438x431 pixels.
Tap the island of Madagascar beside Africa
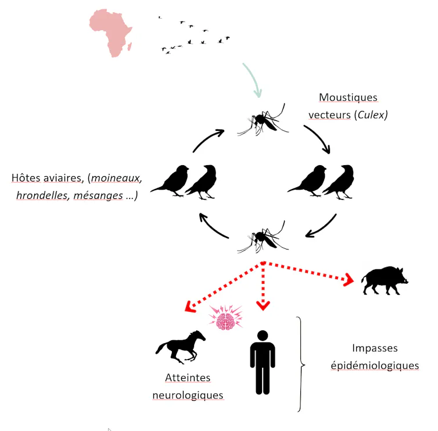click(130, 47)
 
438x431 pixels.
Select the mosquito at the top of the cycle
click(263, 120)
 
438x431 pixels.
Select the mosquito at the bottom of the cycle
click(263, 237)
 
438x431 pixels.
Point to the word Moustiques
click(348, 97)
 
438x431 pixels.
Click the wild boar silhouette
click(385, 280)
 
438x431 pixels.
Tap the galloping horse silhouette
click(181, 347)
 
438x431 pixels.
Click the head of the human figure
click(263, 336)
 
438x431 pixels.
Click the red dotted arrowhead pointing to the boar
click(349, 279)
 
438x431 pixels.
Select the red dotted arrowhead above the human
click(263, 305)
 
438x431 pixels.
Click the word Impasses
click(375, 348)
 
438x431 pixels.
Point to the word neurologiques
click(188, 395)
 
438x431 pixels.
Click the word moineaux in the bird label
click(116, 178)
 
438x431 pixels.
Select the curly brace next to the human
click(300, 365)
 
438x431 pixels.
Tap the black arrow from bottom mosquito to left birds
click(212, 227)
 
